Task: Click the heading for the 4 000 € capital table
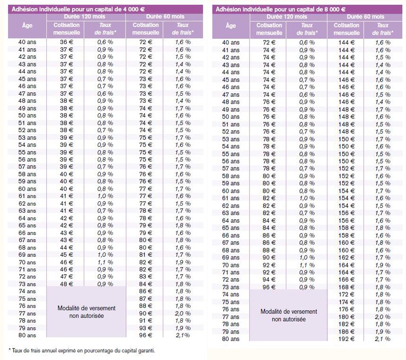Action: pyautogui.click(x=78, y=9)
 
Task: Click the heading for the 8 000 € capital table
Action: pyautogui.click(x=281, y=9)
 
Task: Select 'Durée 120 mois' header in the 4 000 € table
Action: pyautogui.click(x=85, y=17)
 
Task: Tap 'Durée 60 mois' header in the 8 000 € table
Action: pyautogui.click(x=365, y=17)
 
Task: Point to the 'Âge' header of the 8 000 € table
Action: pyautogui.click(x=230, y=26)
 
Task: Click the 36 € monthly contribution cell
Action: pyautogui.click(x=67, y=42)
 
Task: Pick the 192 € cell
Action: pyautogui.click(x=346, y=339)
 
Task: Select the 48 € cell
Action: pyautogui.click(x=67, y=284)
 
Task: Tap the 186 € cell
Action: pyautogui.click(x=346, y=332)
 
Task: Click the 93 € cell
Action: pyautogui.click(x=146, y=328)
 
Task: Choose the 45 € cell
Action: pyautogui.click(x=67, y=255)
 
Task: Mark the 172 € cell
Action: pyautogui.click(x=346, y=295)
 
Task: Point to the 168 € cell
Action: pyautogui.click(x=346, y=287)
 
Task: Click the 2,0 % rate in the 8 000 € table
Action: pyautogui.click(x=383, y=317)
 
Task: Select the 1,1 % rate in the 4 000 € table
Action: pyautogui.click(x=105, y=262)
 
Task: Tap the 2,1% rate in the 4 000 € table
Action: pyautogui.click(x=183, y=335)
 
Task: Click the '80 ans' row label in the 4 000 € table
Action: pyautogui.click(x=27, y=335)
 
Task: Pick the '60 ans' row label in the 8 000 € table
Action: pyautogui.click(x=231, y=191)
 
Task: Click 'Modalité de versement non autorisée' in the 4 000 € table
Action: pyautogui.click(x=87, y=312)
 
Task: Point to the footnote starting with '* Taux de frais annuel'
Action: pyautogui.click(x=82, y=351)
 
